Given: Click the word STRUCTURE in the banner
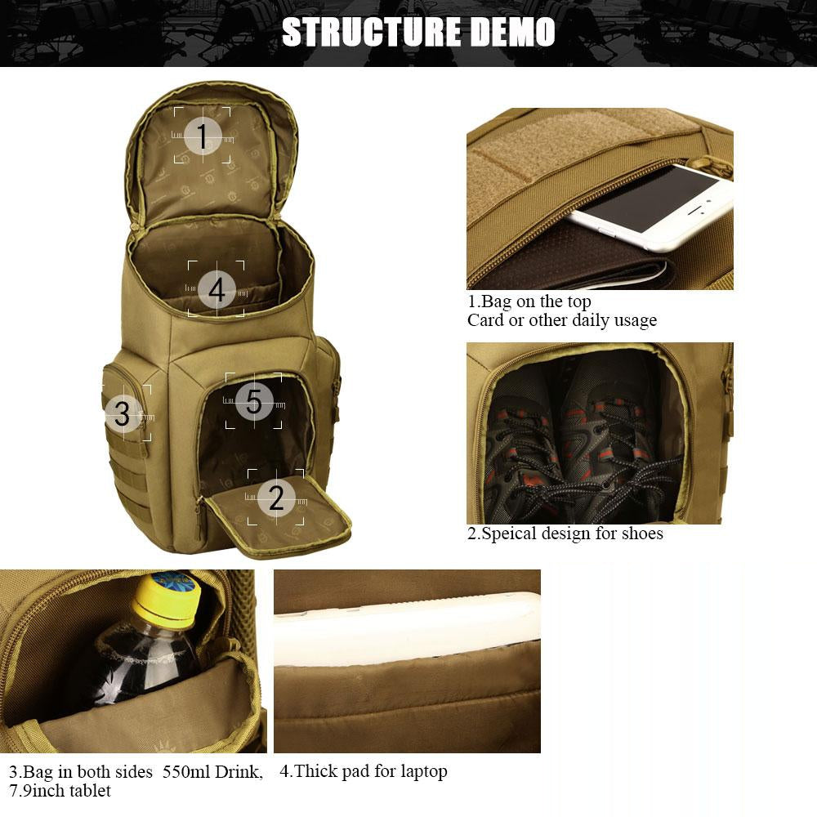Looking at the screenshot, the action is (x=371, y=32).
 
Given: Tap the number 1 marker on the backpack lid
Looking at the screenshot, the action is (x=202, y=136).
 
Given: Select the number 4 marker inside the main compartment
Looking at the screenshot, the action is (x=217, y=289).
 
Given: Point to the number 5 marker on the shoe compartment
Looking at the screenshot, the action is (x=254, y=401).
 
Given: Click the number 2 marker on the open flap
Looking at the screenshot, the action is (x=276, y=497).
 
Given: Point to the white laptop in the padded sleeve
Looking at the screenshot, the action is (x=407, y=628).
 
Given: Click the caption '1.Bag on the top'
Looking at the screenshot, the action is (x=529, y=301).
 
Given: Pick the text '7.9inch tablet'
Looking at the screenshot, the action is (x=60, y=790).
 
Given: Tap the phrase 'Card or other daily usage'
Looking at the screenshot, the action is (x=562, y=320).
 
